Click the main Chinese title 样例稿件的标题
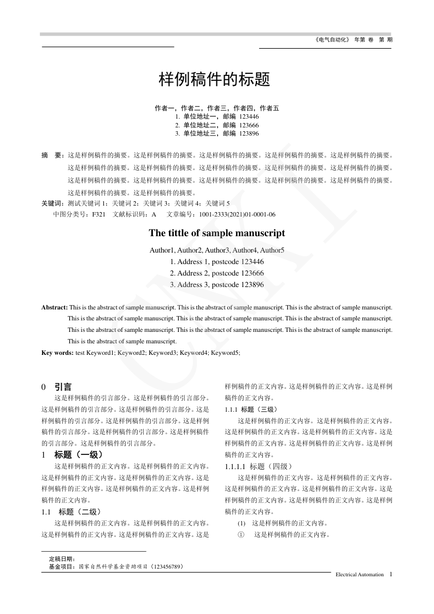tap(214, 80)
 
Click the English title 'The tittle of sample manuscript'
tap(217, 233)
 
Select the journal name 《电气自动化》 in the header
tap(332, 40)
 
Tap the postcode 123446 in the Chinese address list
tap(249, 117)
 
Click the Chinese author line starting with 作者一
tap(217, 108)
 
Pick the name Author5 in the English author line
tap(272, 250)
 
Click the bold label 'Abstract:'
tap(55, 308)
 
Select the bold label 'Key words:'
tap(57, 353)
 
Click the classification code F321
tap(99, 215)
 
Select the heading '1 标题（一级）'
tap(72, 454)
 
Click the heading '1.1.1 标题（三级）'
tap(251, 410)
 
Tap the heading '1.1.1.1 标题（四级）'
tap(259, 466)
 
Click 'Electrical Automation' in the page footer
tap(359, 575)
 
